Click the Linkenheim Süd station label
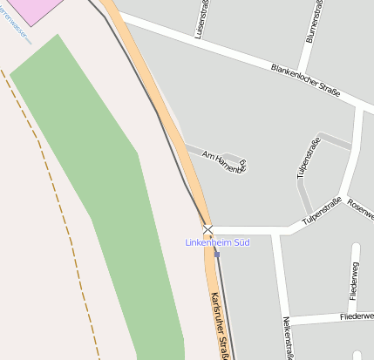pos(218,241)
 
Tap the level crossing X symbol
pos(208,230)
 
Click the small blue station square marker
pos(217,254)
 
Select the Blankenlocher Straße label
pos(305,79)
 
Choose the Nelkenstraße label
pos(288,336)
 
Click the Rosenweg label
pos(360,208)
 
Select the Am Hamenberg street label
pos(224,160)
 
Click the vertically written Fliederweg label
pos(354,282)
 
